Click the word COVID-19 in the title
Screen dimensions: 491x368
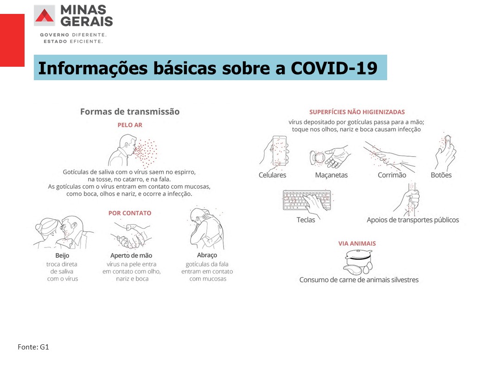pyautogui.click(x=334, y=68)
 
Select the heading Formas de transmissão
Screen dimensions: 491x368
pyautogui.click(x=130, y=112)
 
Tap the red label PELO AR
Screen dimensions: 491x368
pyautogui.click(x=130, y=125)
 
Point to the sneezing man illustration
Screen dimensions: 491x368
pyautogui.click(x=133, y=151)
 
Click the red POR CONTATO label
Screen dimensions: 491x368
pyautogui.click(x=130, y=213)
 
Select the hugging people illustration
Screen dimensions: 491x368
pyautogui.click(x=207, y=228)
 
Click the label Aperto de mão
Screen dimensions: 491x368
pyautogui.click(x=131, y=255)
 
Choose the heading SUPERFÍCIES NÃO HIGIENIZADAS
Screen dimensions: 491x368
pyautogui.click(x=357, y=112)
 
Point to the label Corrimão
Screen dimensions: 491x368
pyautogui.click(x=392, y=175)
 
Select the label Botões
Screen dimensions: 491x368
pyautogui.click(x=441, y=175)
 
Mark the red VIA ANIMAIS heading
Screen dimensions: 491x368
pyautogui.click(x=357, y=243)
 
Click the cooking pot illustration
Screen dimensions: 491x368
pyautogui.click(x=358, y=262)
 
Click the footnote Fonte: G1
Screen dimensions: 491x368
pyautogui.click(x=33, y=347)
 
